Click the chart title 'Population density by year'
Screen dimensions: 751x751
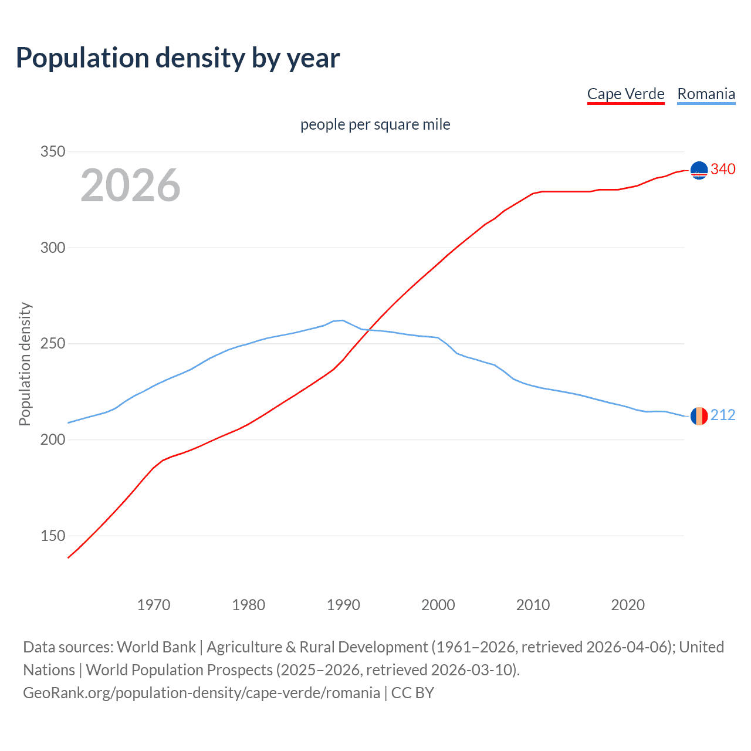(x=178, y=58)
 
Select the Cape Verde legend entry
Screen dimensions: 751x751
(x=625, y=94)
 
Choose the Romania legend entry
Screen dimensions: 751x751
(x=706, y=94)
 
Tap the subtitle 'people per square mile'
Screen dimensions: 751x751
(x=375, y=124)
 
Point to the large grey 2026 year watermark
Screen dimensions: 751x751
(x=130, y=185)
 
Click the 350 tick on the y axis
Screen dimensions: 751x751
(x=52, y=151)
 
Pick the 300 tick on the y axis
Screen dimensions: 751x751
(x=52, y=248)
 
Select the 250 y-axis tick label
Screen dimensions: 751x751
(x=52, y=344)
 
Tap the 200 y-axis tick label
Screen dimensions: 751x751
(x=52, y=439)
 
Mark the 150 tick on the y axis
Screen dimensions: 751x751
(x=52, y=536)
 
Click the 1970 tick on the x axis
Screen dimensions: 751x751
(x=154, y=605)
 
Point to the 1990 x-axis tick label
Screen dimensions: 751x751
(x=343, y=605)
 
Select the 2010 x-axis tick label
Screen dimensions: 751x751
(x=533, y=605)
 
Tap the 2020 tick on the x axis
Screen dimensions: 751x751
(x=628, y=605)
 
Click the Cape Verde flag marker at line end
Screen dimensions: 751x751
(x=699, y=170)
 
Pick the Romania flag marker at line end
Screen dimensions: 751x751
(x=699, y=416)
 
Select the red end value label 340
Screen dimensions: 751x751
(x=723, y=169)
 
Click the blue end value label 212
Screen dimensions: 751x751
(x=723, y=415)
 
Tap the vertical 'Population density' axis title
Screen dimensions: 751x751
(x=25, y=364)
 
